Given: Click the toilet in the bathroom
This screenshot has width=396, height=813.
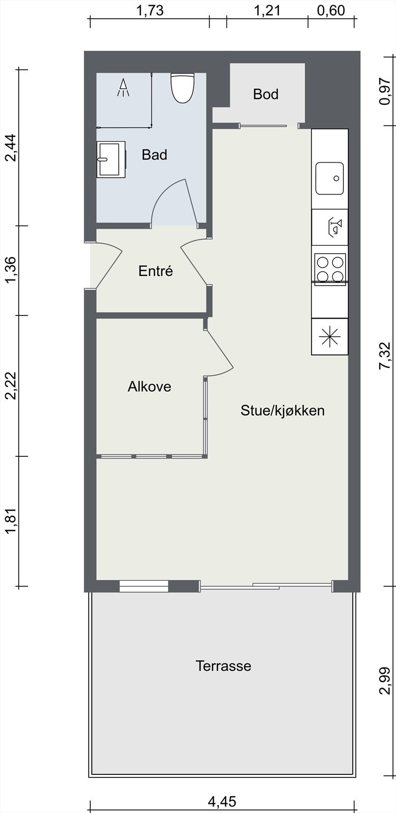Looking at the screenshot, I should point(182,87).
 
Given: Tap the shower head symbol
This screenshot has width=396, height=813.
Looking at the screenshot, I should point(123,87).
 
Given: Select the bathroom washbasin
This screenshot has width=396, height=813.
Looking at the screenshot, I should point(111,159).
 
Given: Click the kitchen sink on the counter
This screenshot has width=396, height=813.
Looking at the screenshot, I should point(329,178).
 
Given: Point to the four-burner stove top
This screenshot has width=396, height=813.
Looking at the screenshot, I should point(330,268).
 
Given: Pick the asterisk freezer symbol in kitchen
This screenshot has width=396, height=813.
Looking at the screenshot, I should point(329,336).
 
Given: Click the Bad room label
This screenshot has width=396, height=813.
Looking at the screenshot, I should point(154,154).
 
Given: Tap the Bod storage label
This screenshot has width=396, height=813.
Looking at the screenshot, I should point(266,94).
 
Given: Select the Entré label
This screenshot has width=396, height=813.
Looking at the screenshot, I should point(155,271).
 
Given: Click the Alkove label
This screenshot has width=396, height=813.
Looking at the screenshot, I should point(149,387).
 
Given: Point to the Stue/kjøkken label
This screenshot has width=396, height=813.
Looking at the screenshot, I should point(282,411).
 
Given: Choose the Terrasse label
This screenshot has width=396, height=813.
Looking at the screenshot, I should point(223,666).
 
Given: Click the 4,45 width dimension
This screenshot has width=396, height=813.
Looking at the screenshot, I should point(222,802).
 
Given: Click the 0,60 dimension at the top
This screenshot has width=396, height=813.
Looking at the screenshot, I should point(331,11).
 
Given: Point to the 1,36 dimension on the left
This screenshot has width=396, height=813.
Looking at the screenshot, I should point(11,270).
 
